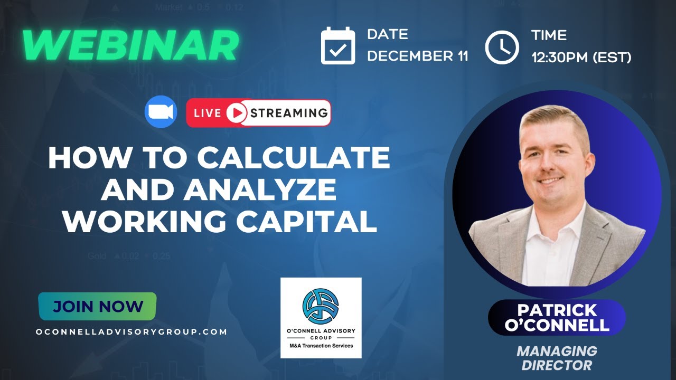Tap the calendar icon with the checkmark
[338, 46]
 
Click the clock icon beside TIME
[502, 47]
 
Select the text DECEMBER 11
[418, 56]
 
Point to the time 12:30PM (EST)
[581, 57]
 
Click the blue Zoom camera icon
[160, 112]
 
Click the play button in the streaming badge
[237, 113]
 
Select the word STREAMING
[289, 113]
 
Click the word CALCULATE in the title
[294, 158]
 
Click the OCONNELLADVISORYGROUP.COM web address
[132, 332]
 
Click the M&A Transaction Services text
[321, 346]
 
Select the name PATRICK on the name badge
[557, 310]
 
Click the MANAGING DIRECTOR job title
[557, 357]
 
